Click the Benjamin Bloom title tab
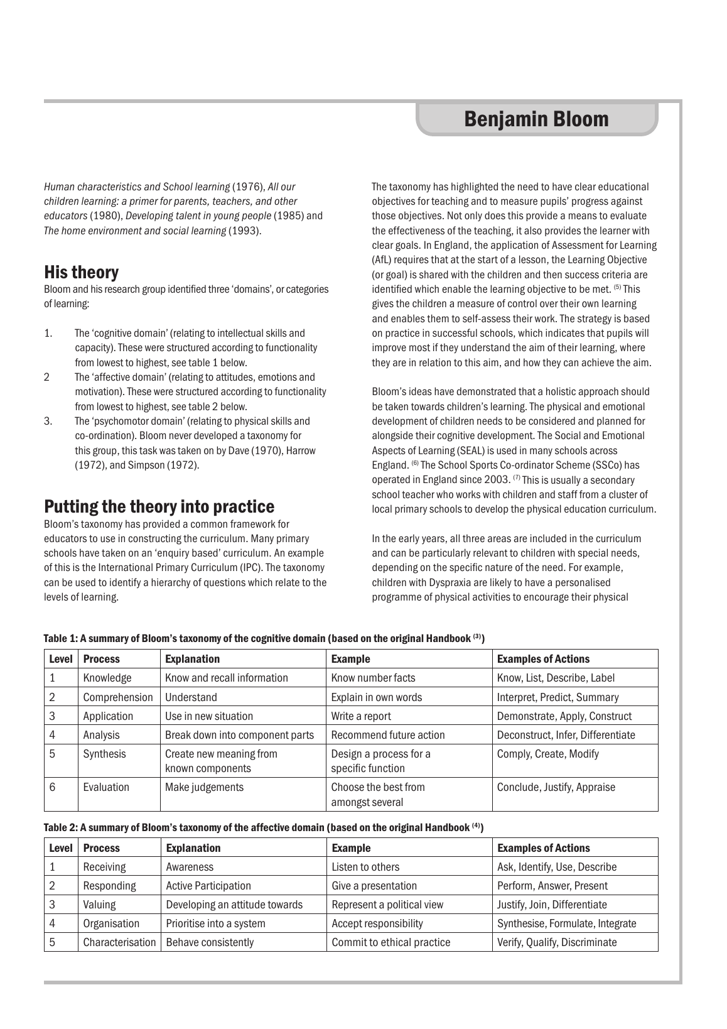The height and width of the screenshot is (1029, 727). point(536,119)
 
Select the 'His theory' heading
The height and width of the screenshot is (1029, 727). point(81,273)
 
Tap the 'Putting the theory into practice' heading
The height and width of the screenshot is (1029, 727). point(159,506)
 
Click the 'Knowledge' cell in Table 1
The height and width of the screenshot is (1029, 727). point(107,678)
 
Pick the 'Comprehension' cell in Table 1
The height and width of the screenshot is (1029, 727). point(118,697)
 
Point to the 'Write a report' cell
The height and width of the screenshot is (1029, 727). point(361,716)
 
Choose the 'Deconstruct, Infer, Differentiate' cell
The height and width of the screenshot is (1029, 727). point(566,735)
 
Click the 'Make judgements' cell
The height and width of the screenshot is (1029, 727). point(204,787)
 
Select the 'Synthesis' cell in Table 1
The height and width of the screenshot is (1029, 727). point(104,754)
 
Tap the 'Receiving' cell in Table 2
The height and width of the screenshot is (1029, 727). point(104,867)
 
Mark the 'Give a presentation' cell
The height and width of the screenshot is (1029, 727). point(374,886)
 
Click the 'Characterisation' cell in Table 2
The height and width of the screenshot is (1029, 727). point(119,942)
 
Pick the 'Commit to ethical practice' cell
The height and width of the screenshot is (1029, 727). point(390,942)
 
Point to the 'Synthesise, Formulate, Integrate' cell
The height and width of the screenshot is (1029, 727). point(566,923)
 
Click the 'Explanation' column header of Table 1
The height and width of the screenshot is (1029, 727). point(192,659)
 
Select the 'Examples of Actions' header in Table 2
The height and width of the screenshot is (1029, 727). point(544,848)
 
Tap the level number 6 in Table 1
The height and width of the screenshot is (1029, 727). point(53,787)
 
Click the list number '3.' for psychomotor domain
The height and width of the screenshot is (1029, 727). point(48,422)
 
